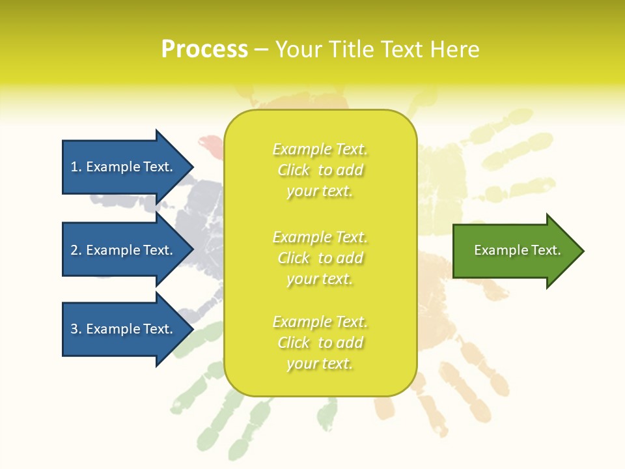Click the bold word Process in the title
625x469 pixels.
point(204,50)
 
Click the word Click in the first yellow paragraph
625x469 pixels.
point(294,171)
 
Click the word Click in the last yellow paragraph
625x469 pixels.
point(294,343)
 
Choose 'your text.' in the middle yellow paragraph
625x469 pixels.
point(320,279)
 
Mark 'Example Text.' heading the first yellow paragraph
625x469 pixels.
point(320,150)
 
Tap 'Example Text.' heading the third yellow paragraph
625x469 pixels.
point(320,322)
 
